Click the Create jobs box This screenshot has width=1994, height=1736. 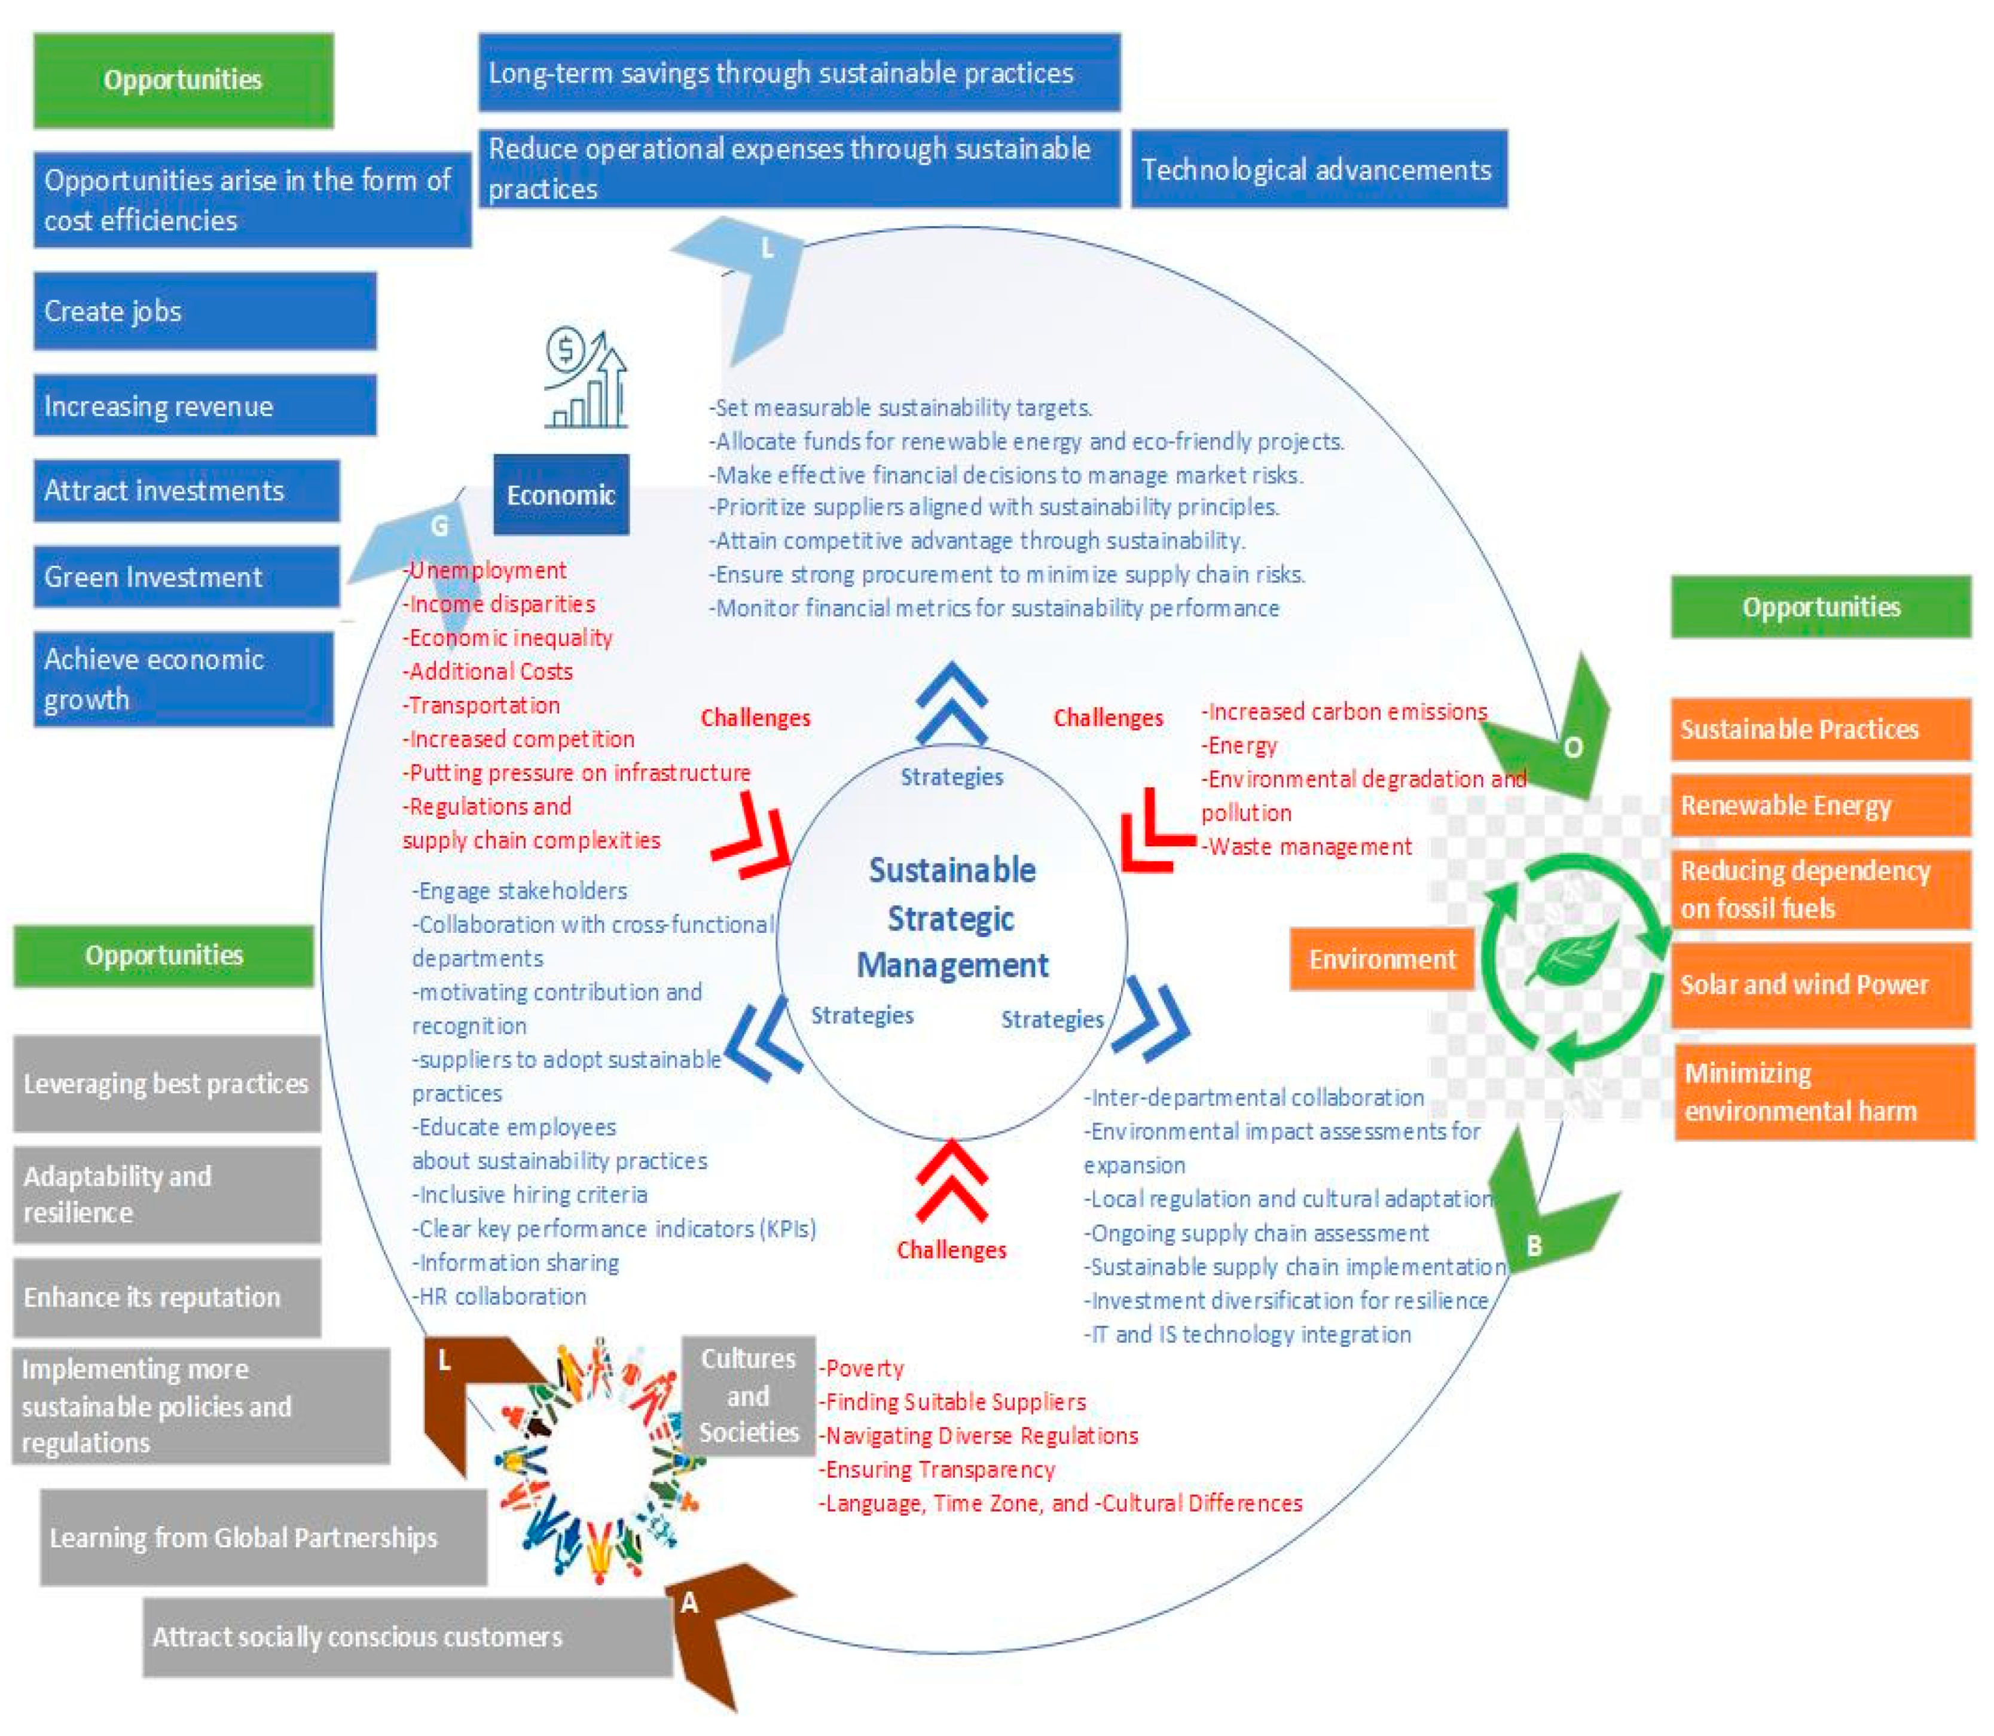click(x=204, y=311)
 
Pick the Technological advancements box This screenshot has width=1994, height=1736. click(x=1318, y=169)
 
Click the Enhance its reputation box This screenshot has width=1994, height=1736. click(x=167, y=1296)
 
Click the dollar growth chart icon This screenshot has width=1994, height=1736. click(x=585, y=379)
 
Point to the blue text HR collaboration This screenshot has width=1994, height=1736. click(x=502, y=1296)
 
